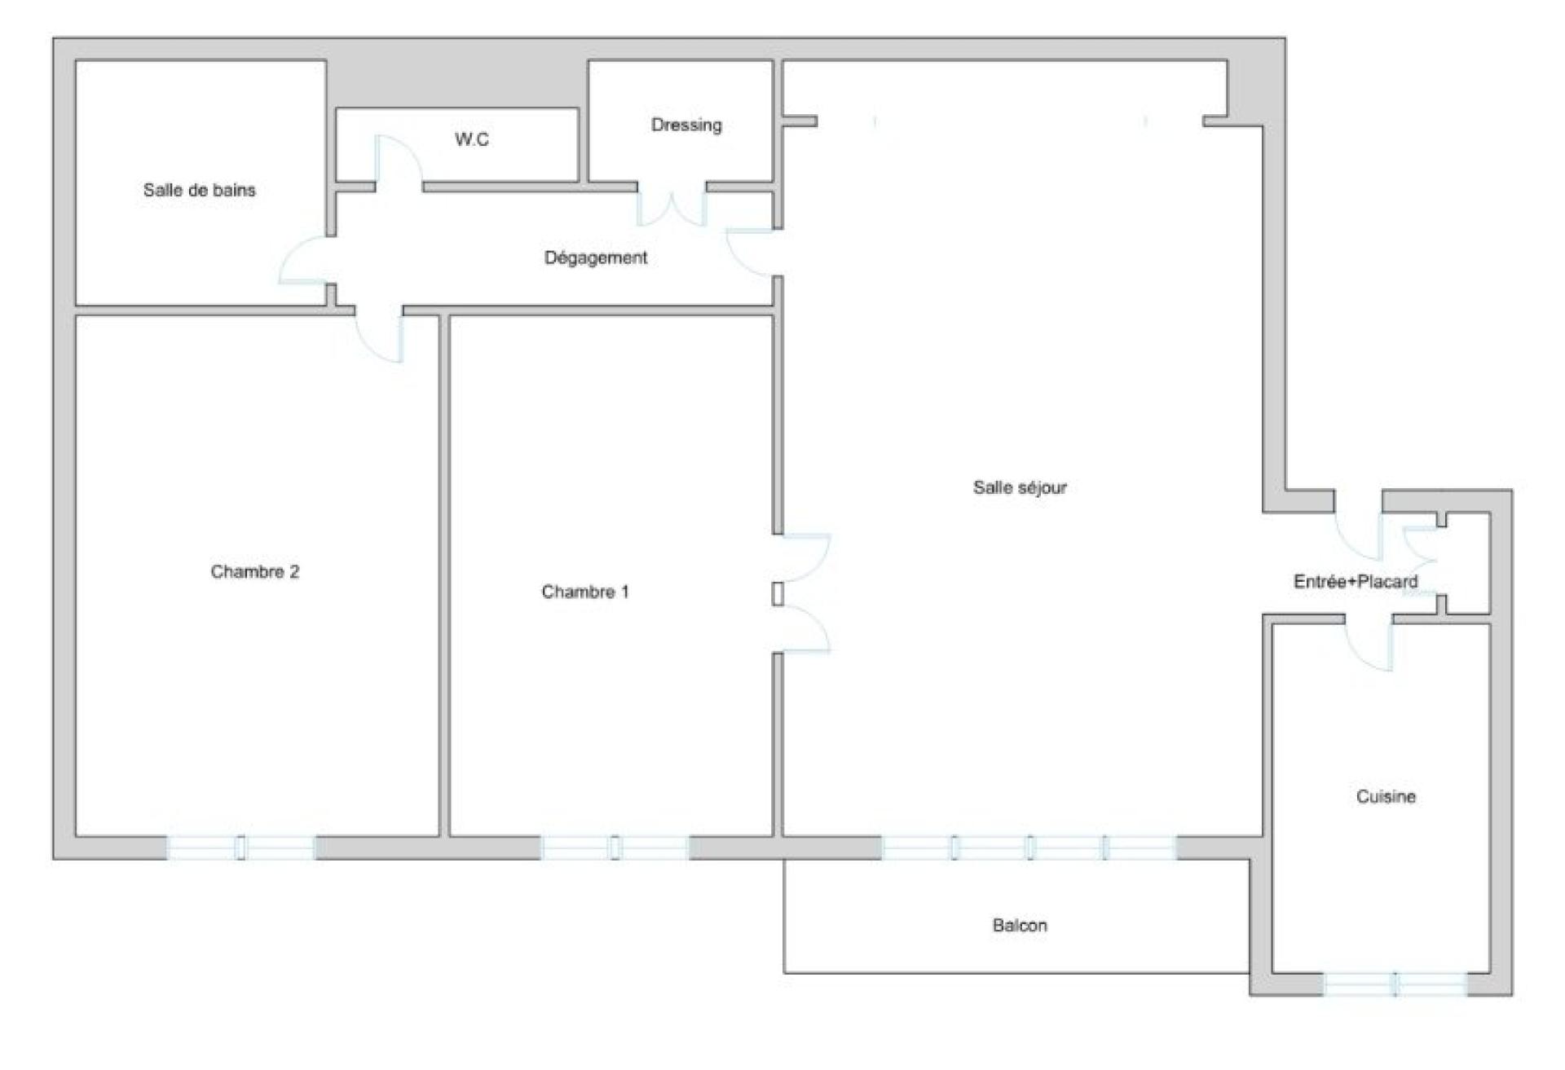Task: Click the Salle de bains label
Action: click(x=199, y=190)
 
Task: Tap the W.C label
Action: click(x=472, y=139)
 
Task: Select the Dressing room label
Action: click(x=686, y=125)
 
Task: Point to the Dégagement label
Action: click(x=595, y=258)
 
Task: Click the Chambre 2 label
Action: click(x=254, y=571)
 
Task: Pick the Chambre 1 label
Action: click(x=585, y=592)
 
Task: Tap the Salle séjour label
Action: click(x=1020, y=487)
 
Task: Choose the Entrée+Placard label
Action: click(x=1356, y=581)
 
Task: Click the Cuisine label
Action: click(x=1386, y=796)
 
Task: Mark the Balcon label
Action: click(x=1020, y=925)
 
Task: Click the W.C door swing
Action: click(x=399, y=160)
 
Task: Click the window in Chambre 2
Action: click(x=241, y=848)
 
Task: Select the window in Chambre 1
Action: click(x=615, y=848)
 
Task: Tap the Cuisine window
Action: click(x=1395, y=984)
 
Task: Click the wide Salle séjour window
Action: click(x=1029, y=848)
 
